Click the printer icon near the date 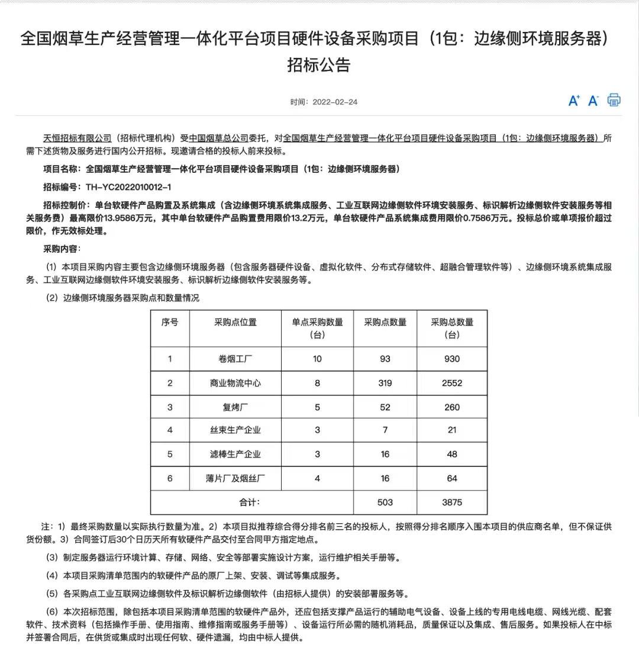pos(614,100)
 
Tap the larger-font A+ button pos(574,101)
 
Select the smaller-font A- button pos(593,101)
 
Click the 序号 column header pos(170,323)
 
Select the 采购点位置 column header pos(235,323)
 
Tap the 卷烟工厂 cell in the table pos(235,359)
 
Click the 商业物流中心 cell pos(235,383)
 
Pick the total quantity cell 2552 pos(452,383)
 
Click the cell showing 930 pos(452,359)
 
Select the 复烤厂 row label pos(235,407)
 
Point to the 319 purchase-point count pos(385,383)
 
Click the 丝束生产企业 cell pos(235,430)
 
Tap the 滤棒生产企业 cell pos(235,455)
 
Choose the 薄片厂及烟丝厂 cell pos(235,478)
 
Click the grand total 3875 pos(452,502)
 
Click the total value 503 pos(385,502)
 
